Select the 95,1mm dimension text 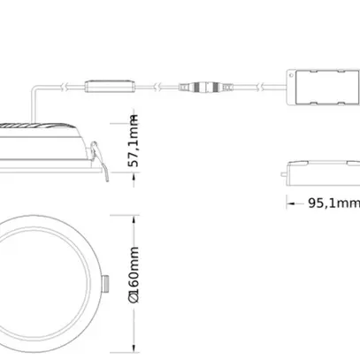click(333, 203)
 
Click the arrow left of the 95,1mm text click(291, 203)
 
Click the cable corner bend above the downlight click(35, 88)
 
